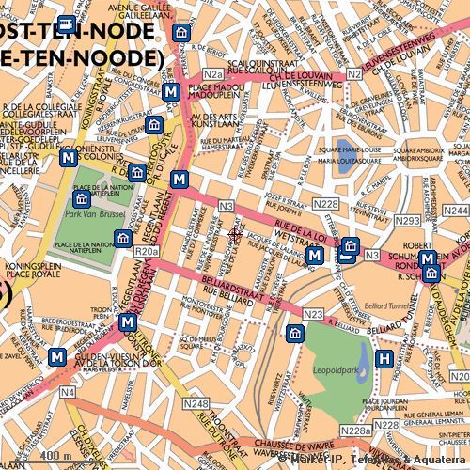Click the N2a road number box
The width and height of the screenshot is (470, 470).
[212, 74]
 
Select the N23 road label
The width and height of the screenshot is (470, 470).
[314, 314]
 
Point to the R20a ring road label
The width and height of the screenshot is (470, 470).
[147, 252]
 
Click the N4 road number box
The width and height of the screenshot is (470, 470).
[68, 391]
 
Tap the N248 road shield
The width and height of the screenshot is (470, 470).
[196, 404]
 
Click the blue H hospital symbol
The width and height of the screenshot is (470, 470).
[384, 358]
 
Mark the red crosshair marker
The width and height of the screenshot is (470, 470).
[235, 233]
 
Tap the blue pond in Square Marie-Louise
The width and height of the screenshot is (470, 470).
[345, 149]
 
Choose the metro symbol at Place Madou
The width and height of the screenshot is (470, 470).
[170, 92]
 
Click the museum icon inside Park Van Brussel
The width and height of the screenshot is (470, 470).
[83, 198]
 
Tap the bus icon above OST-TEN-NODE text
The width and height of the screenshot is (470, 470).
[66, 25]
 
